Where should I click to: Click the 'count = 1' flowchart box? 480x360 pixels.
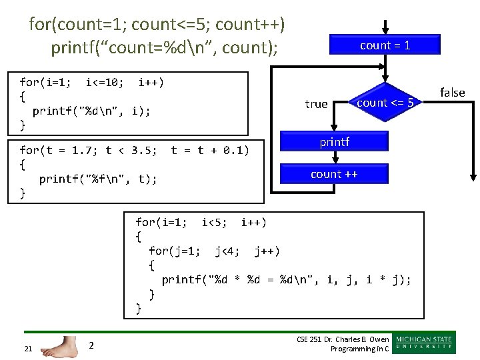(385, 45)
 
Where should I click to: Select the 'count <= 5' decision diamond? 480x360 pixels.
(385, 103)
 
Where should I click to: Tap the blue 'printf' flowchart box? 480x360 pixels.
(335, 142)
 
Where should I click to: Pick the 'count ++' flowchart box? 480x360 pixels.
(335, 174)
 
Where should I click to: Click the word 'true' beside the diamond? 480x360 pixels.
(316, 104)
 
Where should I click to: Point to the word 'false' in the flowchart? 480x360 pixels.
(453, 93)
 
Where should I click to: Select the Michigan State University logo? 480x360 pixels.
(424, 343)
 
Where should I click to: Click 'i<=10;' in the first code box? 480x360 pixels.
(105, 83)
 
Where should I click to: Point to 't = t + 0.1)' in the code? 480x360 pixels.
(210, 151)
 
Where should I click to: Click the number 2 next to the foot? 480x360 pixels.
(92, 345)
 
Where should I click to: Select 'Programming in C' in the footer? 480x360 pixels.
(356, 349)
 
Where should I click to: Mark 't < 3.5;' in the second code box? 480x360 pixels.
(132, 151)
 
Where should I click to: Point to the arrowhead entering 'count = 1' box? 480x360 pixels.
(385, 30)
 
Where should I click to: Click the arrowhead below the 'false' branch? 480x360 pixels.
(473, 177)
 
